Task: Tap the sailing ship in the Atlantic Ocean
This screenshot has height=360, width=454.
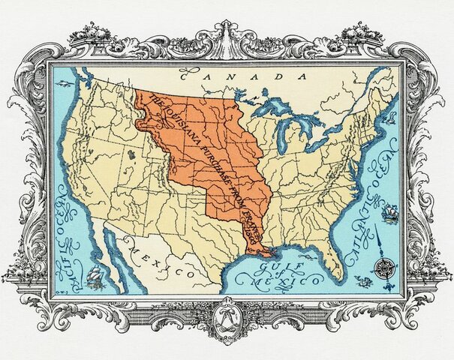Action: click(x=389, y=213)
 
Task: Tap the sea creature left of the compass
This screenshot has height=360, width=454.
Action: click(x=364, y=281)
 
